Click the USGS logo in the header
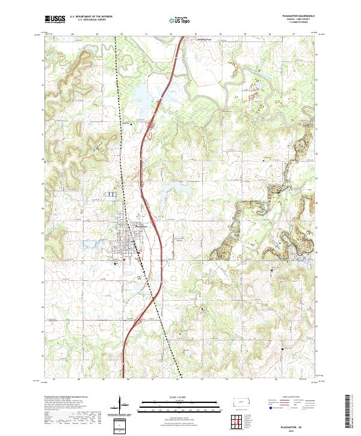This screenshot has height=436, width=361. coord(55,19)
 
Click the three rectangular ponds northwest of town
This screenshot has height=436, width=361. coord(111,194)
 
